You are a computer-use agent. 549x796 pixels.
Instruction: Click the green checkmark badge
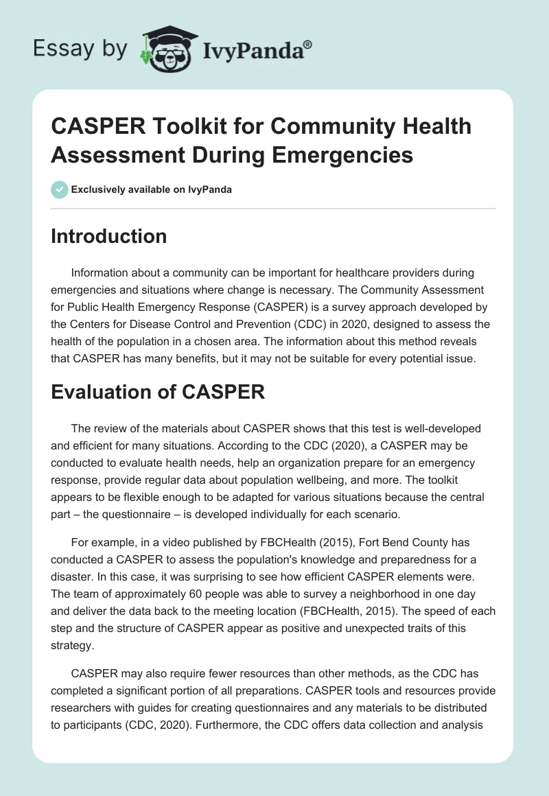coord(60,189)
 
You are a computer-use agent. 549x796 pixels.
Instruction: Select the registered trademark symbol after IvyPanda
coord(308,44)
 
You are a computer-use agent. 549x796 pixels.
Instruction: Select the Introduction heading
coord(109,236)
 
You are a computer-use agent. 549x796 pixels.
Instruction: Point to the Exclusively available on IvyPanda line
coord(152,189)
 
